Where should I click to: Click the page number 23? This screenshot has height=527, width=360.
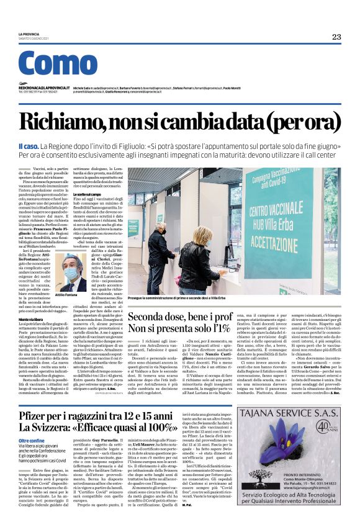tap(336, 37)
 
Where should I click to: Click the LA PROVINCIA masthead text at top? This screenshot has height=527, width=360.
tap(29, 34)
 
